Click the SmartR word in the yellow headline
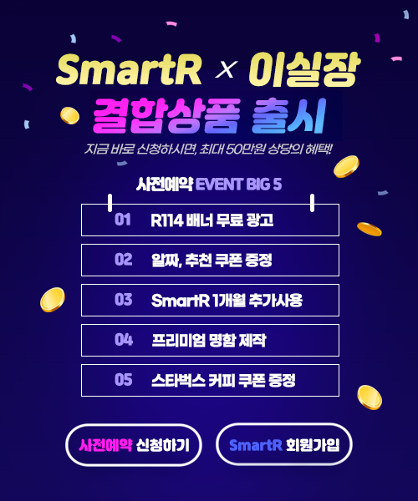[129, 69]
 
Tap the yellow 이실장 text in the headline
[304, 69]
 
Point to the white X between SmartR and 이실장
[226, 69]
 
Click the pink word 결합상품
[166, 116]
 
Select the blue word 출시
[288, 116]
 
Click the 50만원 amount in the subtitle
[245, 149]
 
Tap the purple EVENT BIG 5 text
[238, 185]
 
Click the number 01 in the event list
[123, 220]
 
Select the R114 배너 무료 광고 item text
[212, 220]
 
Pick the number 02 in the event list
[124, 260]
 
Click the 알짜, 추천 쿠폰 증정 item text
[212, 260]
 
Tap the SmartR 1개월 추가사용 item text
[227, 300]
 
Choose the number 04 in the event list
[124, 340]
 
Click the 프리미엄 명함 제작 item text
[208, 341]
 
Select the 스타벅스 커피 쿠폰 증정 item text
[223, 380]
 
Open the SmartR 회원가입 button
[284, 444]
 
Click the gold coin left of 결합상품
[69, 116]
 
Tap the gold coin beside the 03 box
[53, 300]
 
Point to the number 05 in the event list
[124, 380]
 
